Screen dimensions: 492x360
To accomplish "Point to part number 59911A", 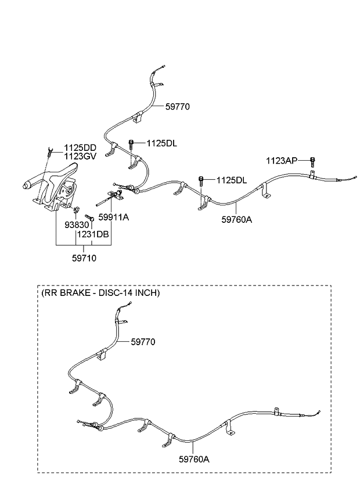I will pyautogui.click(x=113, y=217).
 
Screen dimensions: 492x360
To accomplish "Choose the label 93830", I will pyautogui.click(x=75, y=225).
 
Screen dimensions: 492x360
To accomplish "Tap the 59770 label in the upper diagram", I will pyautogui.click(x=177, y=107).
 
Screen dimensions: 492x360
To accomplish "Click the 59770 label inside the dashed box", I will pyautogui.click(x=143, y=342).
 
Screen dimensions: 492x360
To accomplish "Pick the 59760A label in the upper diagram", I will pyautogui.click(x=236, y=219).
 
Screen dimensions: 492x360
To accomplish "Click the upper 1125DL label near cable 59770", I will pyautogui.click(x=162, y=143).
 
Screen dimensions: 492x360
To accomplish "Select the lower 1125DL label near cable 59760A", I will pyautogui.click(x=231, y=180).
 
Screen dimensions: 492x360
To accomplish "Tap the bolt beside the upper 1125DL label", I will pyautogui.click(x=132, y=144).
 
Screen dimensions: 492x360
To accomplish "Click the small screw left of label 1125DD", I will pyautogui.click(x=51, y=153).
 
